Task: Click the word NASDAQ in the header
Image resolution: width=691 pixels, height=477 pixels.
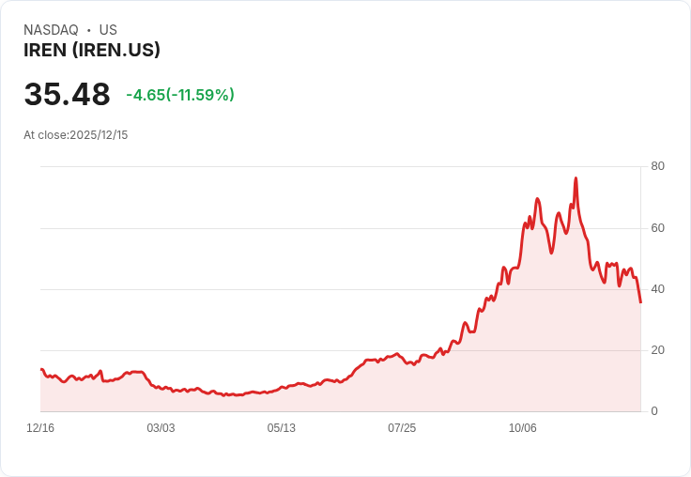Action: click(51, 30)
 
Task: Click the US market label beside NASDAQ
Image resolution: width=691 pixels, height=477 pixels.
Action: click(108, 30)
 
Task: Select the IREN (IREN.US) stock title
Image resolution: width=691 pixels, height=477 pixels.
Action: click(92, 51)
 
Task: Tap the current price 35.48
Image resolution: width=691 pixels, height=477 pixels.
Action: click(67, 94)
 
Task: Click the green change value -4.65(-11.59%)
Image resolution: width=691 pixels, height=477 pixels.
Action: click(180, 95)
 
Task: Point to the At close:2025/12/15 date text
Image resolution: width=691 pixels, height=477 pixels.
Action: click(76, 135)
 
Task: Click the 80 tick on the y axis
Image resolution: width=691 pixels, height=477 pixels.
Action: click(657, 166)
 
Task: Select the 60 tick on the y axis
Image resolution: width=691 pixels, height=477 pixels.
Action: click(657, 227)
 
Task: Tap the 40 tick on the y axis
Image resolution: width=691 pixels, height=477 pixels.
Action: click(657, 288)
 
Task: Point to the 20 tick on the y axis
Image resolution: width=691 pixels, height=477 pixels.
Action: click(657, 350)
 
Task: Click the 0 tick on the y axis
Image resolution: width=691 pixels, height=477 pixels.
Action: click(654, 411)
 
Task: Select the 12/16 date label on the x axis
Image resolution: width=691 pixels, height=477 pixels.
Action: click(40, 428)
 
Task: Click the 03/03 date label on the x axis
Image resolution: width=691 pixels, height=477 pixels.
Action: click(161, 428)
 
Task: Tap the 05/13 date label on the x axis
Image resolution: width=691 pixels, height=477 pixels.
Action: click(281, 428)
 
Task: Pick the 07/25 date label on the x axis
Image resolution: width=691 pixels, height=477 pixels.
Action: click(402, 428)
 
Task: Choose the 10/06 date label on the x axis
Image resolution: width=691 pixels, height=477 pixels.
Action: click(522, 428)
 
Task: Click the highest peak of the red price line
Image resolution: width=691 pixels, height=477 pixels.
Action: click(576, 177)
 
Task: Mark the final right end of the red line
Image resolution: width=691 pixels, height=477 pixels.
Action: click(640, 302)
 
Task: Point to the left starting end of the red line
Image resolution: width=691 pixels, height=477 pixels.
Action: click(41, 369)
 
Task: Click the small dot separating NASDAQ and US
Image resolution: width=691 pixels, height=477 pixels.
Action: click(88, 30)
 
